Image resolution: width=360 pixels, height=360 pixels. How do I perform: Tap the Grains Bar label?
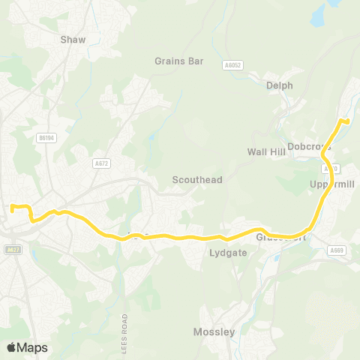click(x=179, y=61)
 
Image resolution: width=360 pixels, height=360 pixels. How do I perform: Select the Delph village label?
click(x=280, y=85)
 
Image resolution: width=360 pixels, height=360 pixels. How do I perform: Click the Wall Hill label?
click(x=267, y=151)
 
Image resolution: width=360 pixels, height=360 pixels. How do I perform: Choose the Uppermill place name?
click(x=329, y=184)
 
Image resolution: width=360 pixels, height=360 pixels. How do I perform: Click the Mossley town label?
click(x=214, y=331)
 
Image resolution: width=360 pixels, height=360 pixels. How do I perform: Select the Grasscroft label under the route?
click(x=282, y=238)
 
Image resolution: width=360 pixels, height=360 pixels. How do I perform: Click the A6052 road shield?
click(x=232, y=66)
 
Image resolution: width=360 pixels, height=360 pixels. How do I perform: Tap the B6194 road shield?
click(x=47, y=137)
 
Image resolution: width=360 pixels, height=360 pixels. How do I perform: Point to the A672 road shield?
click(x=101, y=163)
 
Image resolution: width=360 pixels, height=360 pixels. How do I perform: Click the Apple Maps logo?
click(x=27, y=347)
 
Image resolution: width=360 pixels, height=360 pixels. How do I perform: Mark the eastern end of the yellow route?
click(x=347, y=120)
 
